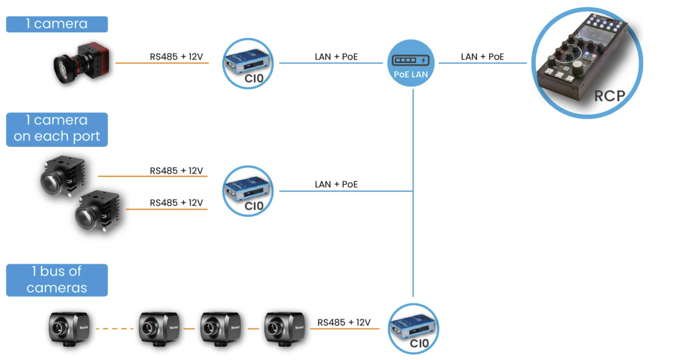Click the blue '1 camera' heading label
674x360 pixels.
pos(57,24)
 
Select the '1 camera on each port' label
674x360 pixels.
pos(57,129)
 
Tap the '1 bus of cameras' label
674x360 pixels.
pos(57,280)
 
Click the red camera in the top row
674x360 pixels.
pos(82,63)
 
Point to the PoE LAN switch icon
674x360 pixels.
pos(411,63)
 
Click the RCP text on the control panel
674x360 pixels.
pos(610,96)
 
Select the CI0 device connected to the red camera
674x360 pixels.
pos(248,63)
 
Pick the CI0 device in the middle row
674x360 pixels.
pos(248,191)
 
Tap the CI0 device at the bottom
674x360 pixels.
pos(413,328)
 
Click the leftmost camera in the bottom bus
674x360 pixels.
pos(69,329)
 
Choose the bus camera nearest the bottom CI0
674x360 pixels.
pos(285,329)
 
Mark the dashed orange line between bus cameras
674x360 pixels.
pos(115,329)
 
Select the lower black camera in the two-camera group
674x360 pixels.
pos(97,211)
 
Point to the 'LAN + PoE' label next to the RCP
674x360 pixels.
pos(482,57)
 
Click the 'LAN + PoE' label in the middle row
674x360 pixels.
pos(336,184)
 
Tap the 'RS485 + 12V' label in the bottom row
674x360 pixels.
pos(344,323)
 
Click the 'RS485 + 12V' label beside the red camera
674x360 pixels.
pos(176,56)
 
